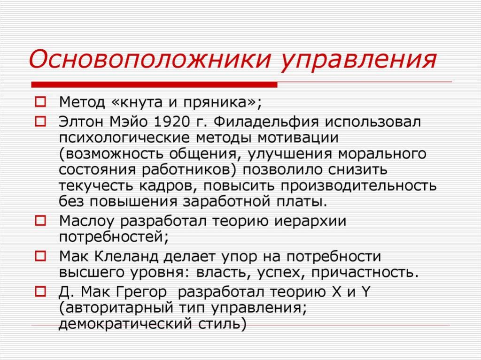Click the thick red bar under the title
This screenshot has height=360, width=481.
tap(154, 84)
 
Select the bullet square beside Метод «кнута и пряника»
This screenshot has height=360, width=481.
tap(40, 102)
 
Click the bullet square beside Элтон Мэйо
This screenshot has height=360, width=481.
tap(40, 122)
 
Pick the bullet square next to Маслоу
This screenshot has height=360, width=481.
tap(40, 221)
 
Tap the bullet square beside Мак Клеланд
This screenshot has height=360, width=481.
tap(40, 256)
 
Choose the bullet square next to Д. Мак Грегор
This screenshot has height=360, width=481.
tap(40, 291)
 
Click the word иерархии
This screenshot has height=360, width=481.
tap(310, 222)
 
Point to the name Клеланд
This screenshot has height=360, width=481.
tap(126, 257)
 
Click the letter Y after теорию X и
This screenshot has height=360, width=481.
tap(365, 291)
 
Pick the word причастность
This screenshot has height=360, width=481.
tap(365, 273)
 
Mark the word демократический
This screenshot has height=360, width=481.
tap(125, 324)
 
